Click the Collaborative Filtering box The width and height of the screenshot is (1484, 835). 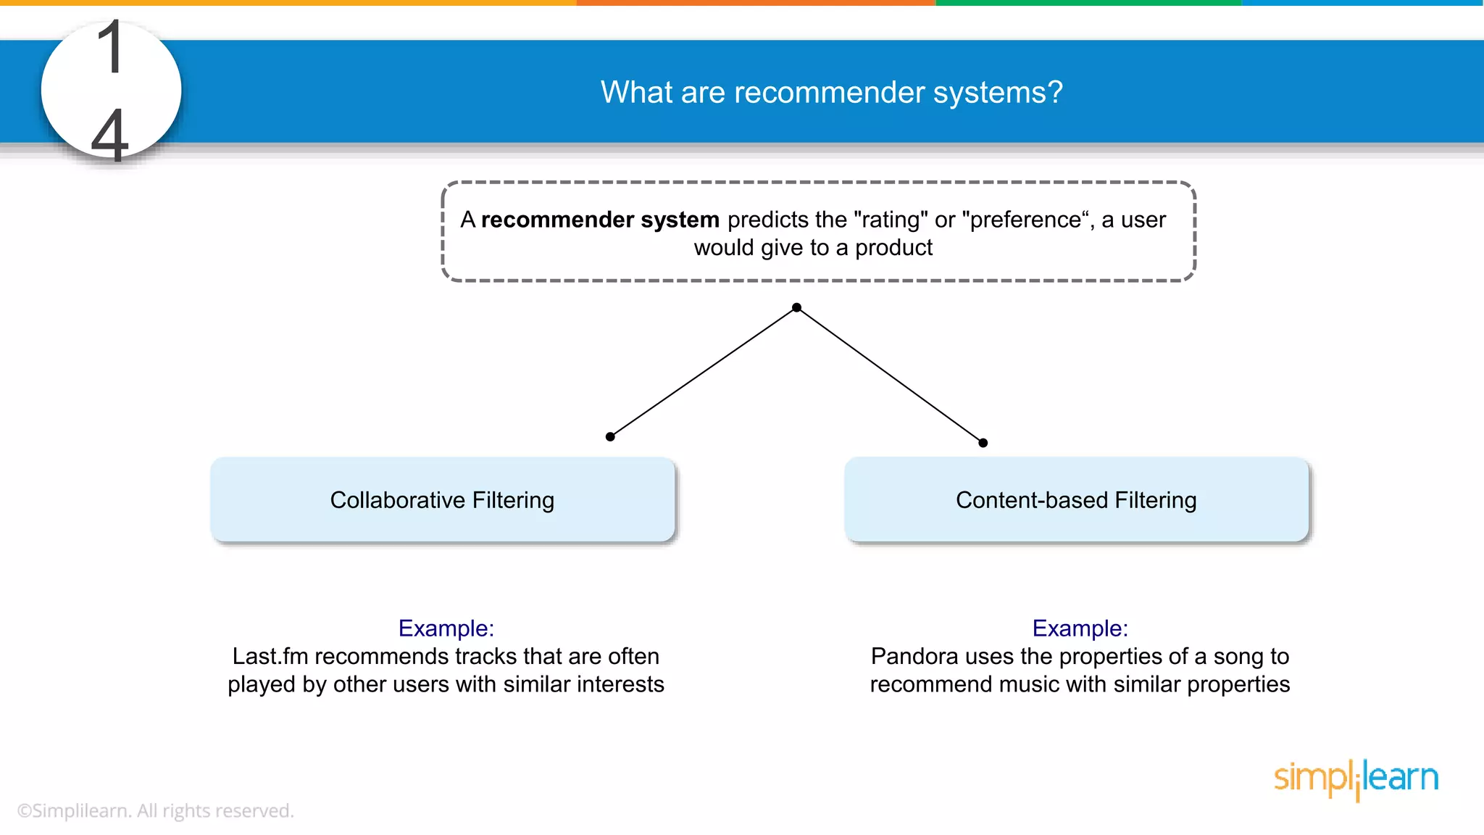click(442, 499)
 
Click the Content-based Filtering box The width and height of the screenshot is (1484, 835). click(1076, 499)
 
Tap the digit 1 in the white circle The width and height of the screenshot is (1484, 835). click(111, 48)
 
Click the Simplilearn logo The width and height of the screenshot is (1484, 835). click(1356, 778)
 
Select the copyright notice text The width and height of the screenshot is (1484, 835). click(155, 810)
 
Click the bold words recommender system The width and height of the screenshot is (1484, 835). click(599, 220)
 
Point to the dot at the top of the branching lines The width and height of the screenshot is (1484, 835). click(796, 307)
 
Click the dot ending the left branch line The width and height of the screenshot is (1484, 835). click(610, 436)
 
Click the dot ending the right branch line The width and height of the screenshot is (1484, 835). click(983, 443)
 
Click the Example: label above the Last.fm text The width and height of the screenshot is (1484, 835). click(446, 628)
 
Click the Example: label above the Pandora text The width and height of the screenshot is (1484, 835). click(1080, 628)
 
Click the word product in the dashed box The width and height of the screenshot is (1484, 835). click(893, 248)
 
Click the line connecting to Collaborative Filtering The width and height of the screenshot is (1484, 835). click(703, 372)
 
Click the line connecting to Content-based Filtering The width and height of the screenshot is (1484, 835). click(890, 375)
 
